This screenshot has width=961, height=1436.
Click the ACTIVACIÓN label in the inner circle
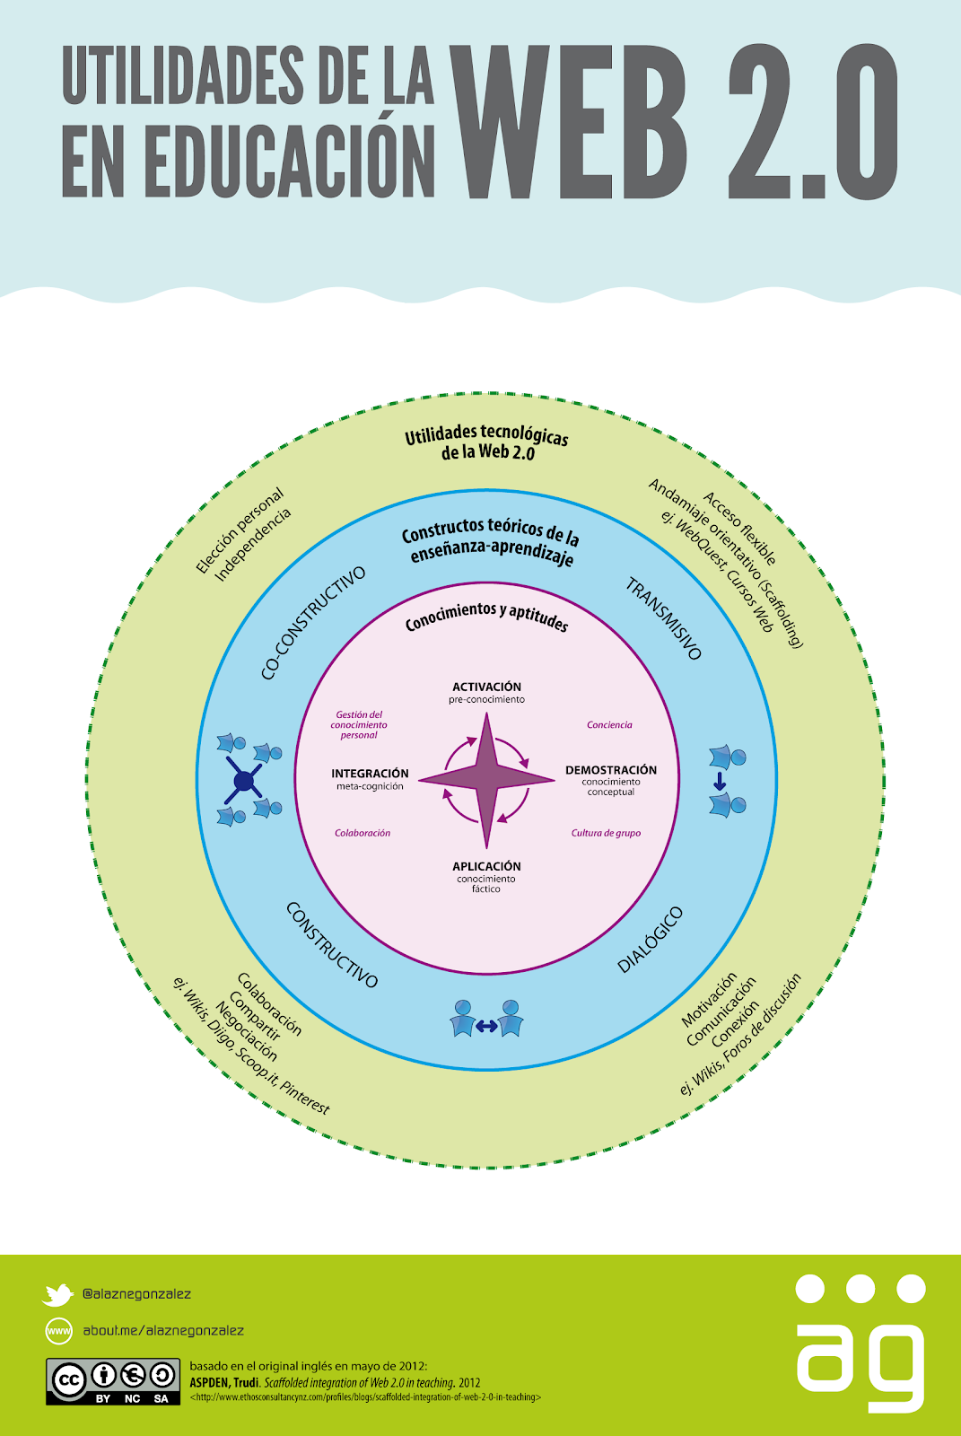click(x=486, y=687)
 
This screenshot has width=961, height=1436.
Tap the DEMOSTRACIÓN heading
click(x=611, y=770)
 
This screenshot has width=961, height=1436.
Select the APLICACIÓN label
click(x=486, y=866)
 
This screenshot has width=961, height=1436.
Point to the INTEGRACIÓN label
click(x=370, y=773)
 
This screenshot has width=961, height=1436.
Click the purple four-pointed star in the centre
click(x=486, y=780)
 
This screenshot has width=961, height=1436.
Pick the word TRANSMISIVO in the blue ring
click(x=663, y=618)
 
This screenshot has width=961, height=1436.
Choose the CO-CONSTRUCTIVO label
click(x=313, y=623)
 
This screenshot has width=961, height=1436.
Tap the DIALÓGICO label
click(x=650, y=940)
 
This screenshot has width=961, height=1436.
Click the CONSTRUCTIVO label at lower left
click(x=331, y=944)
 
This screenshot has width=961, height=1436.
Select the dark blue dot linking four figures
click(x=244, y=782)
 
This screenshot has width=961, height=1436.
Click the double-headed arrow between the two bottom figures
click(x=486, y=1027)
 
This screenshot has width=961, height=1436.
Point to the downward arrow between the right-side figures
click(x=720, y=781)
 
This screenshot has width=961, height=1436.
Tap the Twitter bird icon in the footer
click(x=57, y=1294)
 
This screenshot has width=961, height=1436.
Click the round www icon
click(x=59, y=1331)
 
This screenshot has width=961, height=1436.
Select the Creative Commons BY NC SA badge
click(x=113, y=1381)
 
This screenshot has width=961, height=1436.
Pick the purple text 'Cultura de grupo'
click(x=606, y=833)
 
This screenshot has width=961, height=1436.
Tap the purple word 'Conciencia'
click(x=609, y=724)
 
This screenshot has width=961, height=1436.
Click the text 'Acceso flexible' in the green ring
click(x=740, y=529)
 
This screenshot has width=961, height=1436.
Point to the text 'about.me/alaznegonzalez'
click(x=163, y=1330)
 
